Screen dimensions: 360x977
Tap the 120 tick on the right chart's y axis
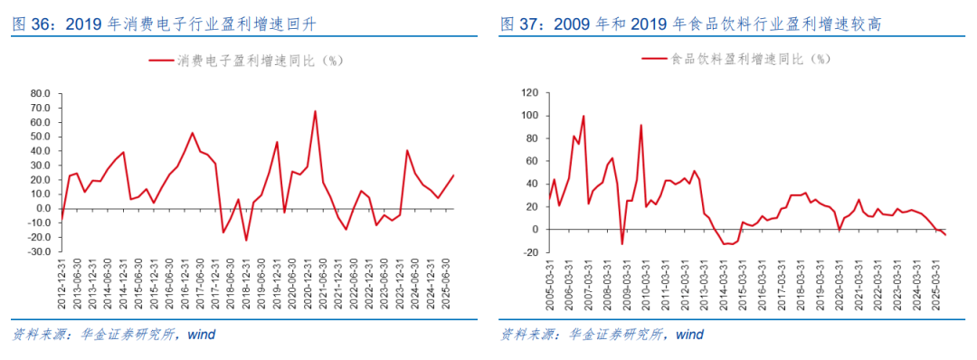pos(531,93)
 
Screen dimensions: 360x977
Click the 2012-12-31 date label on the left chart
pos(62,284)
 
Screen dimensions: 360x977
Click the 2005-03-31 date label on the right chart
pos(550,284)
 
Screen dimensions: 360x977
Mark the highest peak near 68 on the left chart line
pos(315,111)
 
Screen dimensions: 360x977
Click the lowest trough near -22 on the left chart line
pos(246,240)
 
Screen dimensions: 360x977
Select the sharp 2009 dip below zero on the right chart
pos(621,243)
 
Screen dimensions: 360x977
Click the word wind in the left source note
pos(201,335)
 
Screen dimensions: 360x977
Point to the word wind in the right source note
pos(689,335)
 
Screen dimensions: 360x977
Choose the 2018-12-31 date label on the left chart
pos(246,284)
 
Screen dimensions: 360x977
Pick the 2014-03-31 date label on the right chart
pos(724,284)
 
